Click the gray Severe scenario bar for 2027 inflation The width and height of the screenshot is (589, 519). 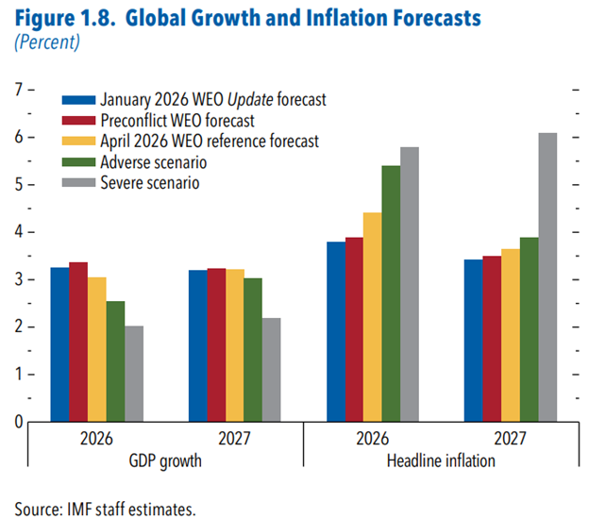(x=547, y=277)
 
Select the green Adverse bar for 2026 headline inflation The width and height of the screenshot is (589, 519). (x=391, y=293)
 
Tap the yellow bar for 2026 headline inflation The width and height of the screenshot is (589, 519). (x=373, y=317)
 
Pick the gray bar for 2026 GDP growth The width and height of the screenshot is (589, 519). (x=134, y=374)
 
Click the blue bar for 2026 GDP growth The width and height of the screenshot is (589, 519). (x=60, y=344)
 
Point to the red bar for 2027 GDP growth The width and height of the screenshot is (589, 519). (x=216, y=345)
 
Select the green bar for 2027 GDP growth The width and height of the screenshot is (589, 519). (x=253, y=350)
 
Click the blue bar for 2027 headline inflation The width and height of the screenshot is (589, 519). (x=473, y=341)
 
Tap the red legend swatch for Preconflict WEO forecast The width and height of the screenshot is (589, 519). (x=78, y=121)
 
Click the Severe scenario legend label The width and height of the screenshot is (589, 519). (x=150, y=183)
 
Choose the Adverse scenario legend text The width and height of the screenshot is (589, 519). (x=154, y=162)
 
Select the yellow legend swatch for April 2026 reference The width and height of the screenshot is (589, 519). (x=78, y=142)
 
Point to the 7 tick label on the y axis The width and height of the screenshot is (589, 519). (x=19, y=90)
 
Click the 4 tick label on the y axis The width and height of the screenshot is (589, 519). (x=19, y=232)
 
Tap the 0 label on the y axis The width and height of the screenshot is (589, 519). (x=19, y=422)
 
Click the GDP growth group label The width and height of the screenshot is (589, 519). (x=165, y=461)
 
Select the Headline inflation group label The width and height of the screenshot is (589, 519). (x=441, y=460)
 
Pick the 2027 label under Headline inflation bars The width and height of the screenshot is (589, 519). (x=510, y=438)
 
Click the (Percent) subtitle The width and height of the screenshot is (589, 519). (x=47, y=42)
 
